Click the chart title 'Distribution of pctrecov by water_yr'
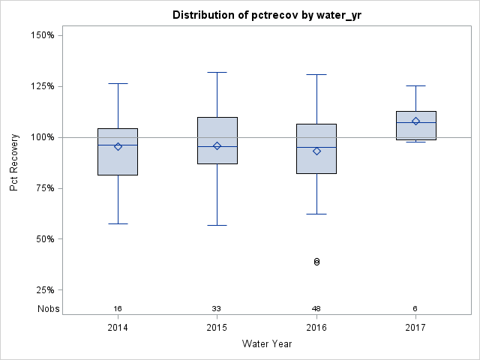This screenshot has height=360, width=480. (266, 15)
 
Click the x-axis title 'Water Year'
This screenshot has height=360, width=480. (266, 343)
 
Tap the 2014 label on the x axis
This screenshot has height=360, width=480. (118, 328)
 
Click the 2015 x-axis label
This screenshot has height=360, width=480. (217, 328)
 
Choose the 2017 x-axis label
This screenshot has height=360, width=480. (415, 328)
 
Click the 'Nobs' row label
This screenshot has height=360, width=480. (49, 309)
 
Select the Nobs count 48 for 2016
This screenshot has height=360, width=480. (316, 309)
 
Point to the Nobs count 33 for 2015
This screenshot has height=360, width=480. (217, 309)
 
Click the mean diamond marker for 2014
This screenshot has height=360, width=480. (118, 146)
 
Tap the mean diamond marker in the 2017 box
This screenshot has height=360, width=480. (415, 121)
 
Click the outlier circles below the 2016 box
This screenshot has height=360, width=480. (316, 262)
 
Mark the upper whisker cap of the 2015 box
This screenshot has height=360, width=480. (217, 73)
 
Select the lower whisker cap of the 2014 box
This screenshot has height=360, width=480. (118, 223)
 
